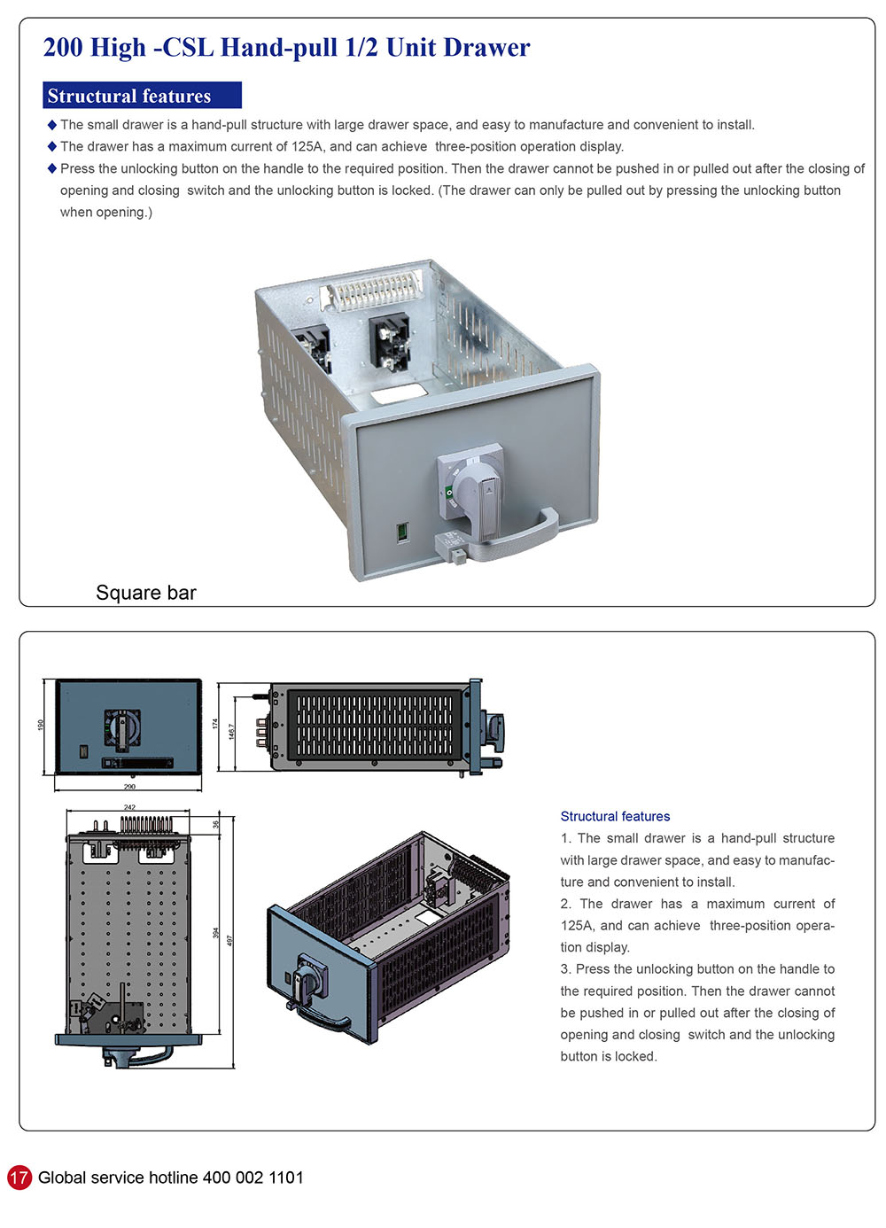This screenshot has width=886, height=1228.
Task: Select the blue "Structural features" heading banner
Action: coord(142,96)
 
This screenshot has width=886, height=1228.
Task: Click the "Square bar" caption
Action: coord(146,593)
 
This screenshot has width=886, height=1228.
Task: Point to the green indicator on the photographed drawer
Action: coord(402,532)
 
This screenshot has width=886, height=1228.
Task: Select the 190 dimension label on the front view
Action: coord(41,726)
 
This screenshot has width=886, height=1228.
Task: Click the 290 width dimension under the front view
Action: coord(130,787)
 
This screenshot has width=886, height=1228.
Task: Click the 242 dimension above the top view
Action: coord(130,807)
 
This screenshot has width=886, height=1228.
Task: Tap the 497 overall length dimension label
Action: coord(229,940)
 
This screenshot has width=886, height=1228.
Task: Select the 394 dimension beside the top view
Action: coord(216,933)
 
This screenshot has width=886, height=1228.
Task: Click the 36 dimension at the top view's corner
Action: coord(216,825)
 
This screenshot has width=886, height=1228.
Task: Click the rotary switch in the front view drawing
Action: coord(122,727)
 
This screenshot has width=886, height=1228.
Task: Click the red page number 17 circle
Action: coord(19,1177)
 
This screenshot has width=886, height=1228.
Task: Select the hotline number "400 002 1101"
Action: coord(253,1177)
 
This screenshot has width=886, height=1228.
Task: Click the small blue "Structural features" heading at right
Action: coord(615,816)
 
